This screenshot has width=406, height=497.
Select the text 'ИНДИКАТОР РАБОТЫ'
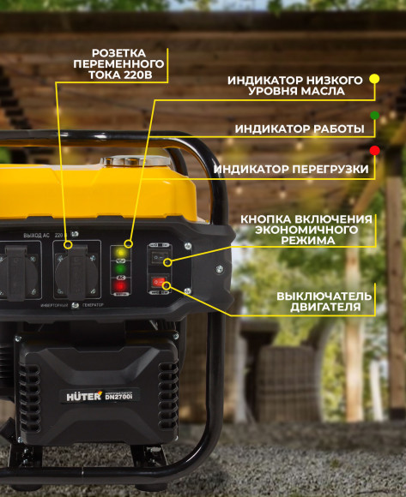tap(300, 129)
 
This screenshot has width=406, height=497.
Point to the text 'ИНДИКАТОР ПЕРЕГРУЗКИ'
tap(291, 170)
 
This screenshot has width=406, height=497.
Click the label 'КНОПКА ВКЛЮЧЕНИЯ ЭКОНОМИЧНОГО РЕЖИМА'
tap(306, 230)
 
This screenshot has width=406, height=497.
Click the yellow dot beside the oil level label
tap(374, 79)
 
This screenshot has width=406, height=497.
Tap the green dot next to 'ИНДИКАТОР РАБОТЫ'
tap(374, 115)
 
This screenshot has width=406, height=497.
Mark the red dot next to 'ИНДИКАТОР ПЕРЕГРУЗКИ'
tap(374, 152)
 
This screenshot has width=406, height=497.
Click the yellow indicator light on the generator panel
tap(121, 252)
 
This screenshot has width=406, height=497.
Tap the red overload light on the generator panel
tap(121, 284)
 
